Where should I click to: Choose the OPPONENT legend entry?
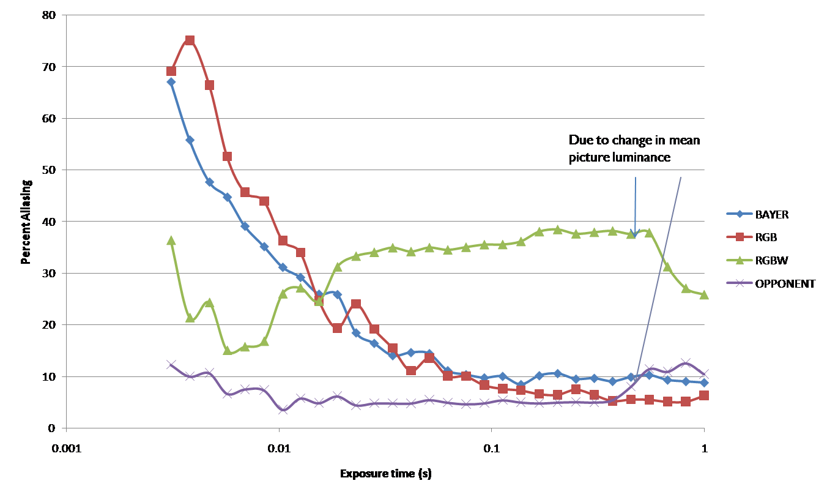click(x=776, y=283)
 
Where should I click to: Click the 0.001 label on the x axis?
click(x=67, y=447)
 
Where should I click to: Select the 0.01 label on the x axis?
click(x=280, y=447)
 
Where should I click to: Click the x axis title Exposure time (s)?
click(x=385, y=473)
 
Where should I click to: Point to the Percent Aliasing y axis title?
click(x=26, y=221)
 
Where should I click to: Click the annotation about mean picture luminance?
click(x=634, y=149)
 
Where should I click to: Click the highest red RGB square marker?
click(x=190, y=40)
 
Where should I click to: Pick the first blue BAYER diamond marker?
click(x=171, y=81)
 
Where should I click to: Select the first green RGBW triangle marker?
click(x=171, y=241)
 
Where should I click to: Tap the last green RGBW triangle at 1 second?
click(x=704, y=294)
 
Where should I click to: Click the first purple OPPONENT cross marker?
click(x=171, y=365)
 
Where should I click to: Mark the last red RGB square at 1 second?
click(x=704, y=395)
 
